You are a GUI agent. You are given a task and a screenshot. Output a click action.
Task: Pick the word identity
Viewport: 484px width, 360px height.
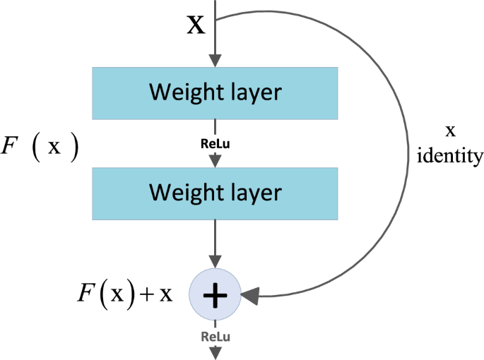coord(450,155)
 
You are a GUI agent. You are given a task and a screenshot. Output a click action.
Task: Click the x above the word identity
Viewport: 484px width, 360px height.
coord(450,132)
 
